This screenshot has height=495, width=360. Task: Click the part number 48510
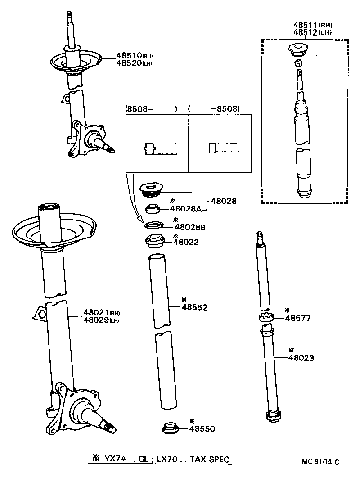click(129, 55)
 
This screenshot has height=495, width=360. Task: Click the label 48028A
click(188, 209)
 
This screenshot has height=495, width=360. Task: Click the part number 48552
click(194, 307)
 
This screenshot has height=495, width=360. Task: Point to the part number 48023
click(301, 358)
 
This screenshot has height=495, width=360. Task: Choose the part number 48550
click(202, 429)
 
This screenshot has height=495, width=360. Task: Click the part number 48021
click(95, 312)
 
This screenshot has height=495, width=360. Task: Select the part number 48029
click(95, 319)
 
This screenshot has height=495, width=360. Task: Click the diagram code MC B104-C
click(320, 462)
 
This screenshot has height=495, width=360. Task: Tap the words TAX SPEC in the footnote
click(209, 459)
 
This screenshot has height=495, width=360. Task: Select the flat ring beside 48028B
click(154, 225)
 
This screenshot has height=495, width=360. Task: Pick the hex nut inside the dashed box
click(297, 63)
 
